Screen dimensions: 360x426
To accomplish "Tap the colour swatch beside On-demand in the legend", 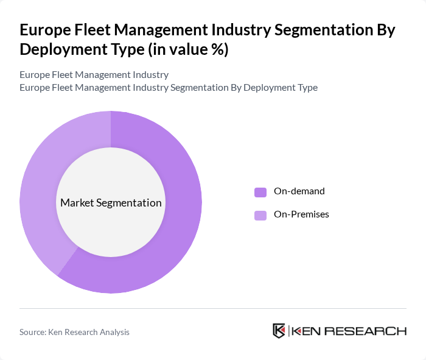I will coord(260,192).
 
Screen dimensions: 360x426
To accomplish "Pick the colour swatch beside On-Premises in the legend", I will coord(260,215).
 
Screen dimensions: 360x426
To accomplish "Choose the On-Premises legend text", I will coord(301,214).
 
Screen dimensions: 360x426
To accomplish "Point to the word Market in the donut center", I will coord(77,203).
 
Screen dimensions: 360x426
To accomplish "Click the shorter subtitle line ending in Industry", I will coord(94,75).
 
